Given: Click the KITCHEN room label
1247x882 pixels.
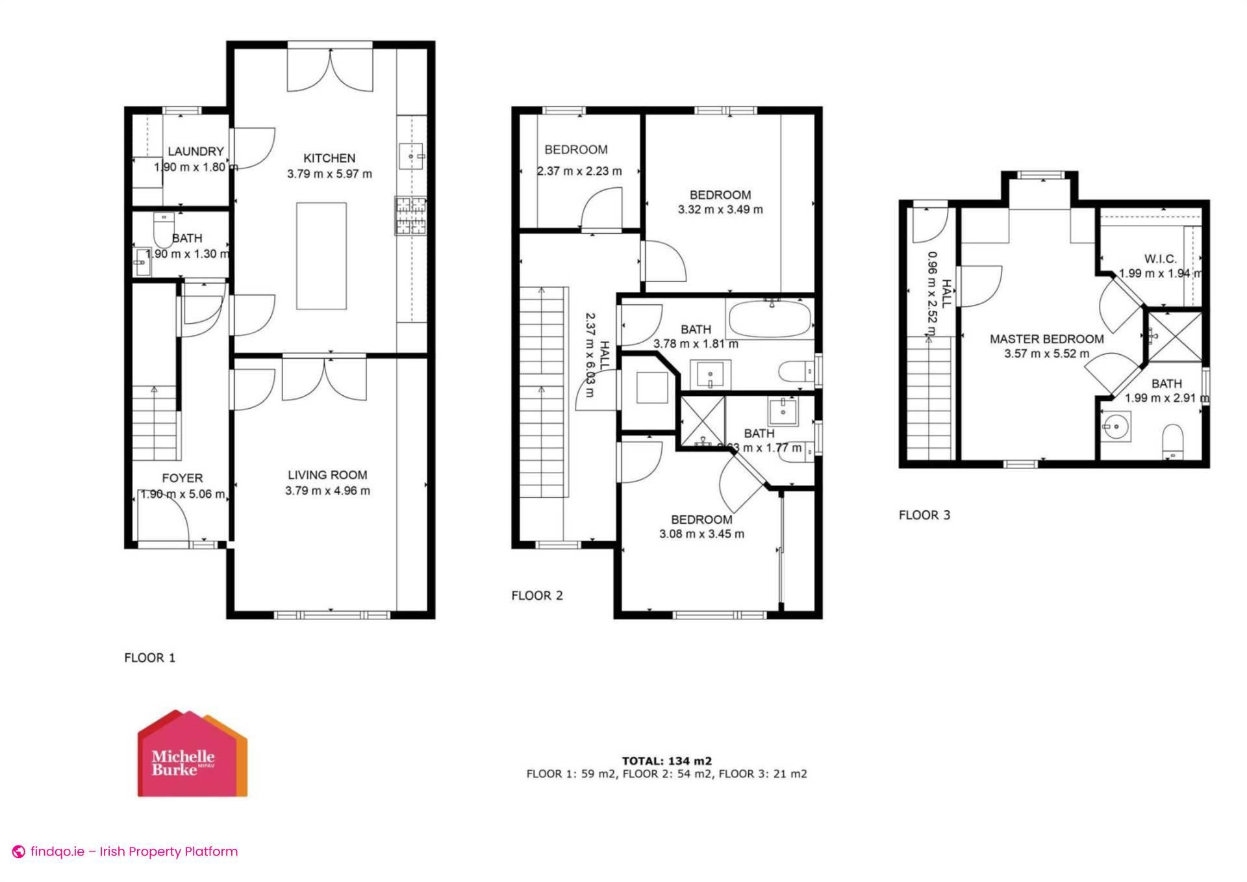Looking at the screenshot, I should (x=329, y=158).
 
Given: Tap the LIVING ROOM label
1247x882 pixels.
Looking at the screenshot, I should (x=327, y=475).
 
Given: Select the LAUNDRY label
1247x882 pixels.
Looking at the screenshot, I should (x=195, y=151).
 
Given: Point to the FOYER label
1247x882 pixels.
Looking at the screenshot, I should (x=183, y=478).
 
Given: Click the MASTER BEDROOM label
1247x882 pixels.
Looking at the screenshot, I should (x=1046, y=339).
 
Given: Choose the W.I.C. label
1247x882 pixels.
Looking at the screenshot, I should (x=1160, y=259).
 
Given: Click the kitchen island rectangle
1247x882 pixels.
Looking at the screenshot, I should (x=321, y=255).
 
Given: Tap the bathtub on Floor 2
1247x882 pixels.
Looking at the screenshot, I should (x=770, y=319).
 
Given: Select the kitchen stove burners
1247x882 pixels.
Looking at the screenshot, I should (x=410, y=216).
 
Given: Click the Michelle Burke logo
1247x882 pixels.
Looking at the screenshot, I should (x=192, y=755).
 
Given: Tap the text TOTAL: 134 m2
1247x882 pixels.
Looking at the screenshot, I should (x=666, y=760).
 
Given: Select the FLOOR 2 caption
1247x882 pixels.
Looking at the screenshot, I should (x=537, y=595).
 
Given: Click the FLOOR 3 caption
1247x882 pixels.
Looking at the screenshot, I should (x=924, y=515).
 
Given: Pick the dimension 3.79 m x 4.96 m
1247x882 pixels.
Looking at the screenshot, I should (x=327, y=491).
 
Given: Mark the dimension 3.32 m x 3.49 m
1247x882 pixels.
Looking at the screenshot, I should (x=720, y=209).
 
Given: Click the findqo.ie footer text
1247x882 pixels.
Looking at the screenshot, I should (x=133, y=851).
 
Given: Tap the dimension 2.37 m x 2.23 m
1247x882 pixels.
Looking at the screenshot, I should (x=579, y=172).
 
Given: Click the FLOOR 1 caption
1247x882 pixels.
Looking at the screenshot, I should (x=149, y=658).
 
